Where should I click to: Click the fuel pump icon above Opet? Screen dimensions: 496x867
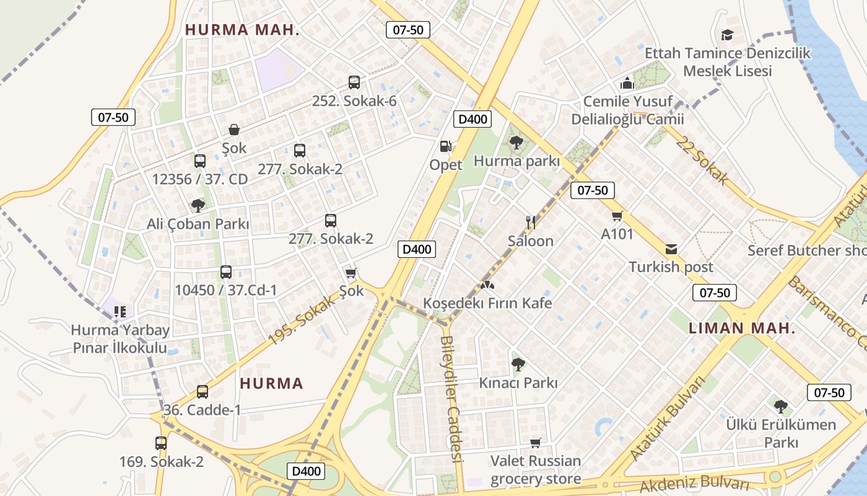click(x=445, y=146)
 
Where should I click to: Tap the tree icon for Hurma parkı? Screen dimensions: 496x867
click(x=516, y=143)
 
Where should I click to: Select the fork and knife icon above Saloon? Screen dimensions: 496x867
click(x=530, y=222)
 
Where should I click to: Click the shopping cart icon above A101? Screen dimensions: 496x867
click(x=617, y=216)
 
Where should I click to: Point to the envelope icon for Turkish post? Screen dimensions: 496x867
click(x=671, y=249)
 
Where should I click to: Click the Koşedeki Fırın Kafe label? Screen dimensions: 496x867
click(x=487, y=303)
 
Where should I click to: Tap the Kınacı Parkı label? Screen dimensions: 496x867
click(x=518, y=383)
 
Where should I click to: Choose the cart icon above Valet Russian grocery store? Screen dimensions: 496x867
click(x=536, y=443)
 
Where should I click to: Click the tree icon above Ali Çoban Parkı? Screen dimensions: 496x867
click(x=198, y=205)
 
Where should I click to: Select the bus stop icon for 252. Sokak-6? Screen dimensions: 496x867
click(x=354, y=82)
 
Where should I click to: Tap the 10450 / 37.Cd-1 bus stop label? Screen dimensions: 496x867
click(x=225, y=290)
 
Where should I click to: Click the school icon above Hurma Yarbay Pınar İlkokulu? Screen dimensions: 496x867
click(x=120, y=311)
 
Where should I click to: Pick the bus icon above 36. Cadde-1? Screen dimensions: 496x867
click(x=203, y=392)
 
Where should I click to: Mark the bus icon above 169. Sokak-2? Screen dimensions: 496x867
click(x=161, y=443)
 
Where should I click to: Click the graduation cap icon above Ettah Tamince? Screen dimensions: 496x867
click(x=727, y=35)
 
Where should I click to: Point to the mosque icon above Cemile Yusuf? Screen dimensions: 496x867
click(x=627, y=83)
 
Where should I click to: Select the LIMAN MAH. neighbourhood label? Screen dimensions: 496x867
click(x=741, y=329)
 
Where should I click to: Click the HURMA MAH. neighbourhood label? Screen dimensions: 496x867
click(x=242, y=30)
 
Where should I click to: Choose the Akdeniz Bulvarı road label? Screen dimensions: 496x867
click(x=694, y=484)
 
